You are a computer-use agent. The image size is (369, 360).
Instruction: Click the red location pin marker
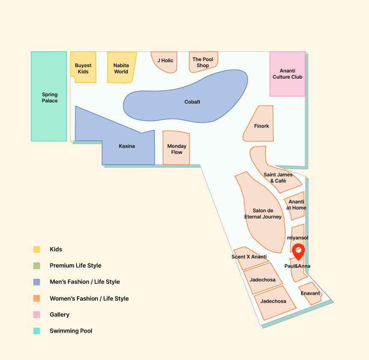[298, 251]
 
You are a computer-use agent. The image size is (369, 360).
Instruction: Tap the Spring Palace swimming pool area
[49, 96]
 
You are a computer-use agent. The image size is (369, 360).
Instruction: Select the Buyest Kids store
[83, 67]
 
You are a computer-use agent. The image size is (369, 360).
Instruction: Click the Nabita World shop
[121, 68]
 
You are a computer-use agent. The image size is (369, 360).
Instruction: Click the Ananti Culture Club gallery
[287, 74]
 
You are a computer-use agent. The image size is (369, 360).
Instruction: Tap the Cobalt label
[192, 102]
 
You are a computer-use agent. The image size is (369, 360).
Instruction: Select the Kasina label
[127, 146]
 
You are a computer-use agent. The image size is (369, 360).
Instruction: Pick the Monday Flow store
[176, 148]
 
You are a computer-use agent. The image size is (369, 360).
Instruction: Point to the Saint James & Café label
[278, 177]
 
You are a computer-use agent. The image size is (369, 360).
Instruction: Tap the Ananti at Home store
[295, 205]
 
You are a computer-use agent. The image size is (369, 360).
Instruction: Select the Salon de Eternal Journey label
[263, 214]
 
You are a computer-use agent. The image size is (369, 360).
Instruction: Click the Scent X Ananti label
[249, 257]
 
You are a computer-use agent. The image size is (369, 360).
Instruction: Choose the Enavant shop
[310, 294]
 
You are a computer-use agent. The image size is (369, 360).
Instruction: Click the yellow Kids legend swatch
[37, 249]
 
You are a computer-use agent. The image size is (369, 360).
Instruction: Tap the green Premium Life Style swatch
[37, 266]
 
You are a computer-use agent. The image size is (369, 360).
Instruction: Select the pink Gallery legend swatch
[37, 315]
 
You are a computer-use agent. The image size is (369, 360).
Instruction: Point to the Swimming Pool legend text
[71, 331]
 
